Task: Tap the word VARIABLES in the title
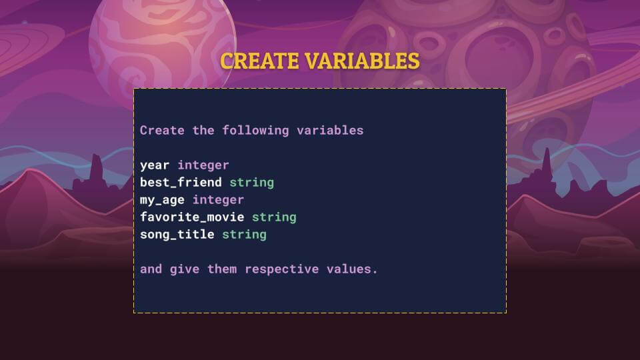pyautogui.click(x=362, y=61)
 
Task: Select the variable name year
pyautogui.click(x=155, y=165)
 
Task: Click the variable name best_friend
pyautogui.click(x=181, y=183)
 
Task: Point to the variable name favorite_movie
pyautogui.click(x=192, y=217)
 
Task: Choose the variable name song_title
pyautogui.click(x=177, y=235)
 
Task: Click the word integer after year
pyautogui.click(x=203, y=165)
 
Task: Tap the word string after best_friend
pyautogui.click(x=251, y=183)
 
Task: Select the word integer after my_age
pyautogui.click(x=218, y=200)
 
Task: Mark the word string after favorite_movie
pyautogui.click(x=274, y=217)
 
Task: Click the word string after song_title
pyautogui.click(x=244, y=235)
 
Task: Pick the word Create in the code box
pyautogui.click(x=162, y=131)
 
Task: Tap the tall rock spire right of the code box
pyautogui.click(x=547, y=167)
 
